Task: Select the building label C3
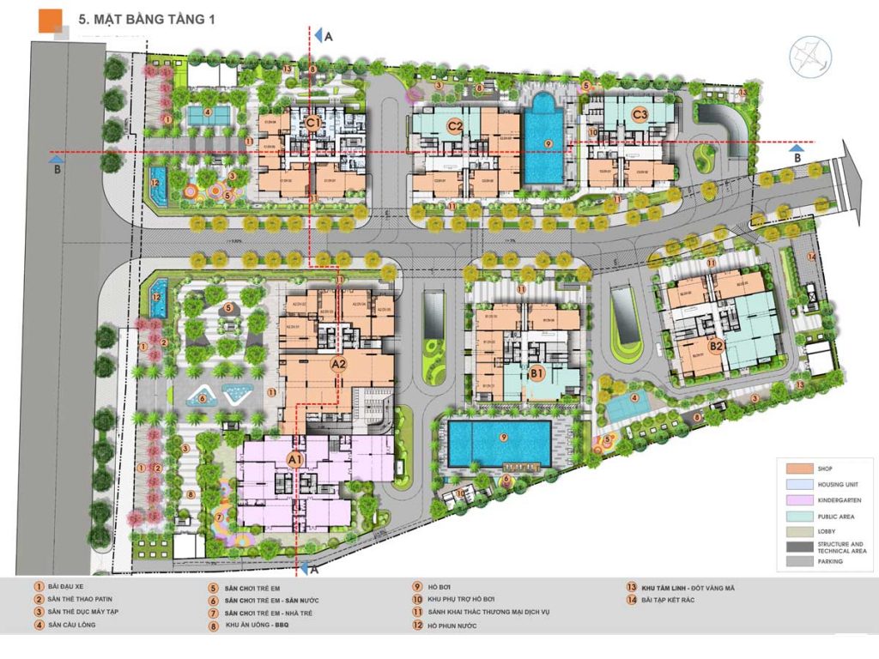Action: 639,114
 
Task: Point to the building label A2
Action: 339,364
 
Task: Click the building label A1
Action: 295,460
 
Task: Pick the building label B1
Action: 537,373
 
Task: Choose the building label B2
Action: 717,346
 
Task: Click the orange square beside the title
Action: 51,20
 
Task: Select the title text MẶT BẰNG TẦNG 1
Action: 146,20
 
